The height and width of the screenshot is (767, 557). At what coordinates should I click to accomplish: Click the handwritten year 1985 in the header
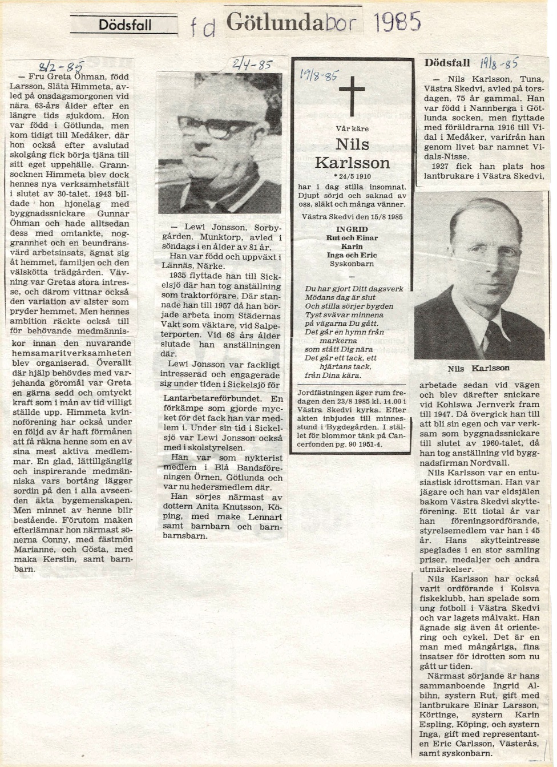(x=398, y=22)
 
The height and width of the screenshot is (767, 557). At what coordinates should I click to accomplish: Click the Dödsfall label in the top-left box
(x=124, y=25)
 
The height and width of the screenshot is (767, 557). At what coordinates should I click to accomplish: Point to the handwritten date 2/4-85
(x=252, y=64)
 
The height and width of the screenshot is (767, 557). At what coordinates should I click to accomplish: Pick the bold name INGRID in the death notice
(x=352, y=229)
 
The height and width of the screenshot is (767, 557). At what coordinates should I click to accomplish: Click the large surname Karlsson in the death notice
(x=352, y=163)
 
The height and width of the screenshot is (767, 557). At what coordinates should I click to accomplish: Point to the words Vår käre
(x=352, y=128)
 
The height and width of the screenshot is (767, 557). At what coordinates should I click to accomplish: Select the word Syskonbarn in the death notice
(x=352, y=264)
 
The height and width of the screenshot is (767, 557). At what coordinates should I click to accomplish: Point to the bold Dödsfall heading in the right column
(x=447, y=63)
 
